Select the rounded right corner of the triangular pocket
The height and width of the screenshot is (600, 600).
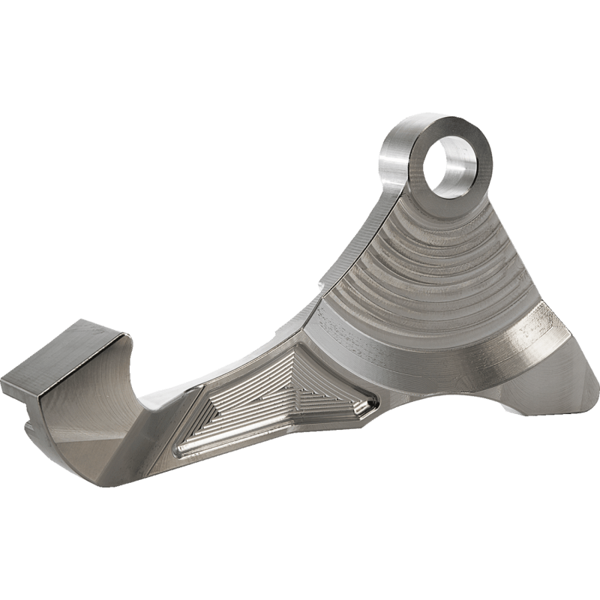point(366,409)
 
